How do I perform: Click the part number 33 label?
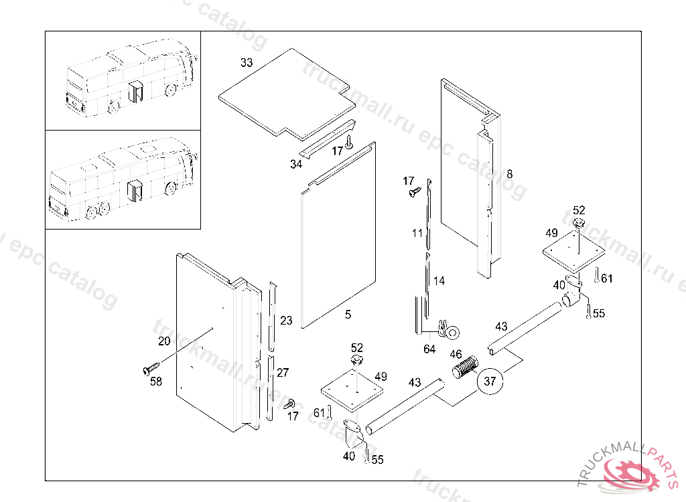(247, 63)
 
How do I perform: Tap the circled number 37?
(490, 382)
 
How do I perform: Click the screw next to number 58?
(151, 367)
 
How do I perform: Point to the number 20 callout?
(164, 341)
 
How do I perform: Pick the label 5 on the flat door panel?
(348, 314)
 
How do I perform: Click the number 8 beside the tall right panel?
(510, 174)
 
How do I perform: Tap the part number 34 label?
(295, 164)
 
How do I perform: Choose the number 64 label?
(429, 349)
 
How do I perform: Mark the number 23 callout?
(286, 321)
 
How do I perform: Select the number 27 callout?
(283, 373)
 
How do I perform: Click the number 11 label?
(417, 234)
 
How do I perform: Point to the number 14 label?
(439, 281)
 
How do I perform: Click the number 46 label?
(456, 355)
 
